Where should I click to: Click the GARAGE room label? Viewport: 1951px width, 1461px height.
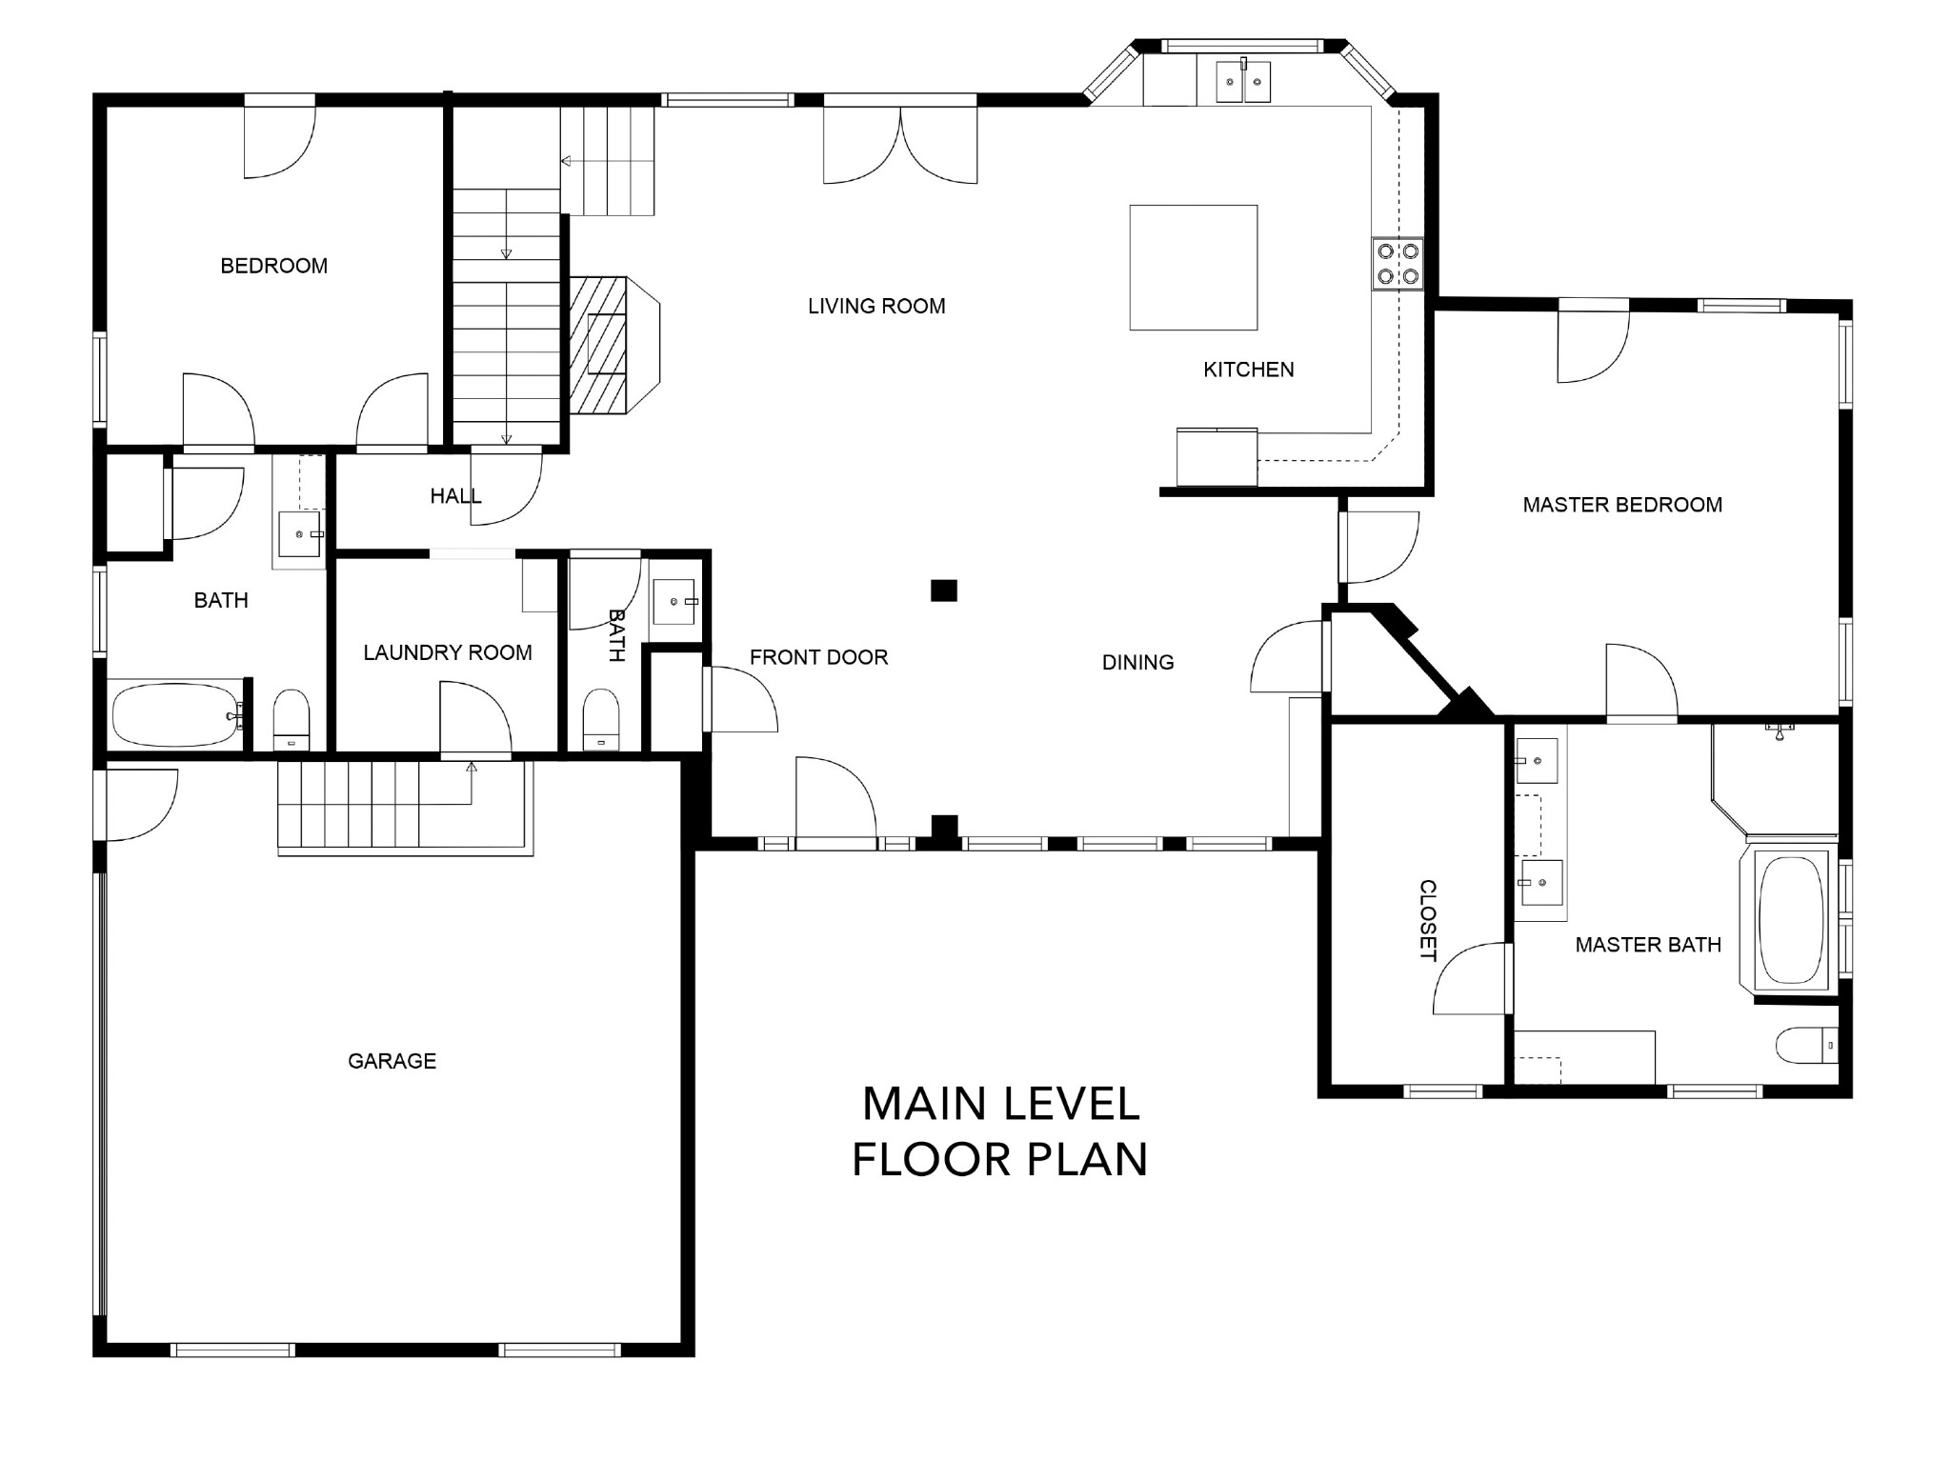click(392, 1061)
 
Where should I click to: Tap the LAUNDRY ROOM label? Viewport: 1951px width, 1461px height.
click(448, 652)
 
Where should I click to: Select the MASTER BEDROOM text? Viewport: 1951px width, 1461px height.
click(1622, 505)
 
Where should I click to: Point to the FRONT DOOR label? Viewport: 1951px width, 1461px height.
click(818, 657)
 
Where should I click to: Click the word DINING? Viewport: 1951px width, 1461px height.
click(1137, 662)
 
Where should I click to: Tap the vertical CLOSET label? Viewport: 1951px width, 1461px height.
click(1428, 920)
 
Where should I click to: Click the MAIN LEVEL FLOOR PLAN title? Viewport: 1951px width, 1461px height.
click(1000, 1131)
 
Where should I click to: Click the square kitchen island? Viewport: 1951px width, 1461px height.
click(1194, 268)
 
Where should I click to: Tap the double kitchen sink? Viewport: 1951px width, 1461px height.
click(1243, 81)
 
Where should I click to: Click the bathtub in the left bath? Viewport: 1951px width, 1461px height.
click(174, 714)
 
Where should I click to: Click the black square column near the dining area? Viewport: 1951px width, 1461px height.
click(943, 590)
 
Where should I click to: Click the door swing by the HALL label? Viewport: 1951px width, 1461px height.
click(507, 487)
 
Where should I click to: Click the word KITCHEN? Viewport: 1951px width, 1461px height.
click(1248, 370)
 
